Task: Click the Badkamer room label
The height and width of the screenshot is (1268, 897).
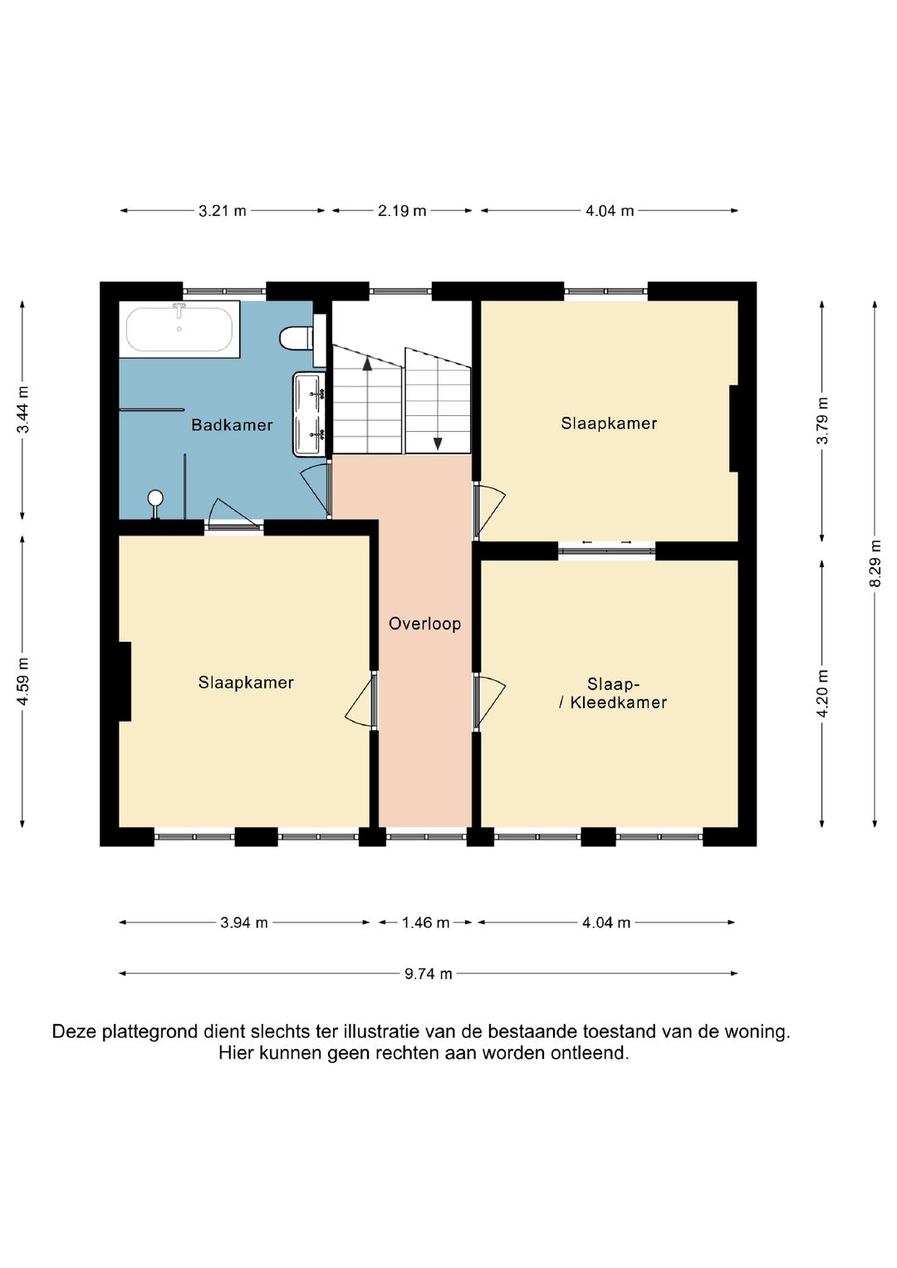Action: click(x=232, y=424)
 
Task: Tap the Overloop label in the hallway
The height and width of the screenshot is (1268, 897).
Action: click(x=424, y=624)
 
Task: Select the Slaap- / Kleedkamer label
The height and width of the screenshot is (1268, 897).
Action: click(x=613, y=693)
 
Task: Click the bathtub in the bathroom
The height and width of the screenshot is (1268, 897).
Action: click(x=179, y=330)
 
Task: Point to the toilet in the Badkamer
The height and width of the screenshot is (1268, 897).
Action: click(x=297, y=339)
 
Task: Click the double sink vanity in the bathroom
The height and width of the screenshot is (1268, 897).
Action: click(x=309, y=414)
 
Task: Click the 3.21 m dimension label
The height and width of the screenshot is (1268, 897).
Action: click(x=223, y=211)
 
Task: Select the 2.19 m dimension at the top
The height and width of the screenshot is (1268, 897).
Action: click(x=402, y=211)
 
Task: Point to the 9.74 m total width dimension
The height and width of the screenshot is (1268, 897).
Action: click(x=428, y=974)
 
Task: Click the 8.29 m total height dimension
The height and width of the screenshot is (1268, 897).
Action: click(x=875, y=564)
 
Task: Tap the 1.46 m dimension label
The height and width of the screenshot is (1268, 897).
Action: click(x=425, y=923)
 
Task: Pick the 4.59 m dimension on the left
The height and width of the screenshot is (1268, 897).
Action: click(x=22, y=681)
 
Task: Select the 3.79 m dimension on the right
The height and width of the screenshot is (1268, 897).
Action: click(x=822, y=421)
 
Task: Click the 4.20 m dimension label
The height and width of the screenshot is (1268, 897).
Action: click(x=822, y=693)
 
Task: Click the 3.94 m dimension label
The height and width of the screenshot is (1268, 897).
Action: click(x=244, y=923)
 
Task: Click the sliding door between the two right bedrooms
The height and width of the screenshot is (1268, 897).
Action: click(x=607, y=551)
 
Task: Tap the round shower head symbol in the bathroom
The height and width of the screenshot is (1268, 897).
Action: click(x=155, y=498)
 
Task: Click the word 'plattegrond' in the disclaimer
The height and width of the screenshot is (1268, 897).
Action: click(x=149, y=1032)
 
